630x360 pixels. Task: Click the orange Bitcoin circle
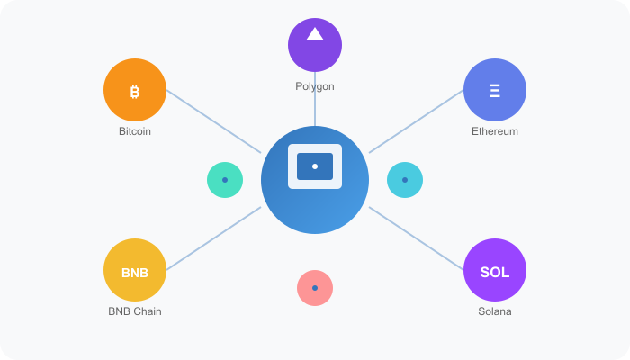coord(135,90)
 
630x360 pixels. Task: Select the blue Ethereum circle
coord(495,90)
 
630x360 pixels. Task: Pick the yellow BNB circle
coord(135,270)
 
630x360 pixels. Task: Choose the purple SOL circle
coord(495,270)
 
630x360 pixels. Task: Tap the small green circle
coord(225,180)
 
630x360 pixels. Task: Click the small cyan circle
coord(405,180)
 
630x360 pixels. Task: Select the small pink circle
coord(315,288)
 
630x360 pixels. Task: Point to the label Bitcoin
coord(135,131)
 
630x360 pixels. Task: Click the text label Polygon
coord(315,86)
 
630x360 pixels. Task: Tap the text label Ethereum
coord(495,131)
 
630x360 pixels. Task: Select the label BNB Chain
coord(135,311)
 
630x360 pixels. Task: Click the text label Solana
coord(495,311)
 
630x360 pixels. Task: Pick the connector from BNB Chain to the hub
coord(213,238)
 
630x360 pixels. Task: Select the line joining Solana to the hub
coord(416,238)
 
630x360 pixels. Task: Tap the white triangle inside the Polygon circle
coord(315,35)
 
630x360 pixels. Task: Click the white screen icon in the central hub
coord(315,166)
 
